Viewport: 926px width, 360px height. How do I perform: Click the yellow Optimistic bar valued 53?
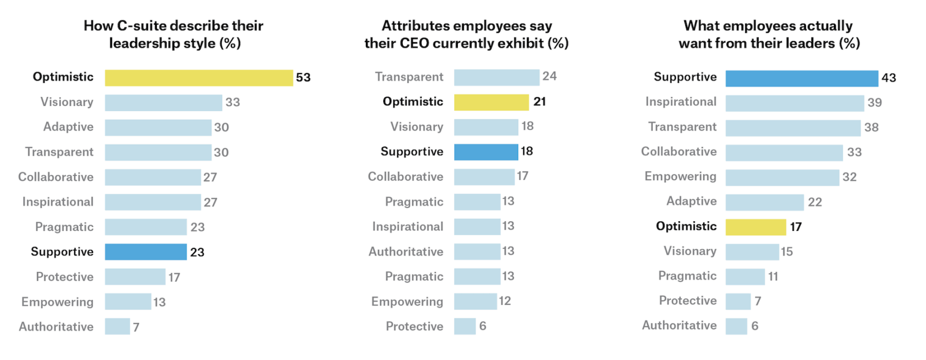pos(199,78)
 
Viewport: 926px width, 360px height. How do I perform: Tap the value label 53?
pos(303,78)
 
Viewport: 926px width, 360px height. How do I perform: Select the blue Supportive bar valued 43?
pos(802,78)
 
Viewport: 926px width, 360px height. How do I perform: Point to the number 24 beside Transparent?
pos(549,76)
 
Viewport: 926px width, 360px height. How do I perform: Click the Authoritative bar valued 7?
pos(117,326)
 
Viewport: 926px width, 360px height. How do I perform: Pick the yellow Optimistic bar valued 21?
pos(491,102)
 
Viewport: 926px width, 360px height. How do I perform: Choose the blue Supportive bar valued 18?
pos(486,152)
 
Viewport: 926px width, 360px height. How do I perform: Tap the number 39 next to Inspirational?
pos(874,103)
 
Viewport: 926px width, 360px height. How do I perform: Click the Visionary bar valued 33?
pos(163,102)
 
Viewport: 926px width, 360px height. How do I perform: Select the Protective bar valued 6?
pos(465,326)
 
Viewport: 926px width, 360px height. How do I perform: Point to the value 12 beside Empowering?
pos(505,301)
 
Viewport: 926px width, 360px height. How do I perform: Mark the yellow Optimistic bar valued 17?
pos(756,227)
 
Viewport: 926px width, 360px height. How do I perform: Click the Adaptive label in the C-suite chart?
pos(68,127)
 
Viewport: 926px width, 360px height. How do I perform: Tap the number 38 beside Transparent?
pos(871,127)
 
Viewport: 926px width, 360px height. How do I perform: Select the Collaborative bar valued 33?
pos(784,153)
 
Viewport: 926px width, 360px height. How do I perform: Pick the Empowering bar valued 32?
pos(782,177)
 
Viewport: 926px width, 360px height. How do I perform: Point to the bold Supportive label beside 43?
pos(685,77)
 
